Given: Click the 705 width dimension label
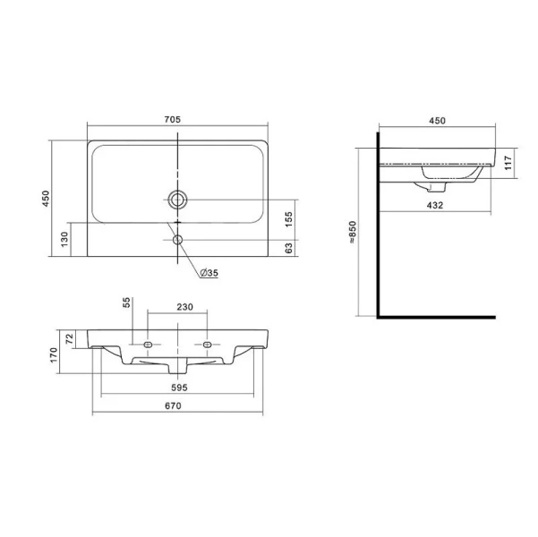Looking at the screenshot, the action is (x=172, y=119).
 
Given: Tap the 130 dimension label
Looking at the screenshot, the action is (x=64, y=239).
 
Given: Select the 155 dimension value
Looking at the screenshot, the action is (x=288, y=219).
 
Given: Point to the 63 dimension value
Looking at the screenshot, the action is (x=289, y=248).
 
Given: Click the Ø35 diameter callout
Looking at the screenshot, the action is (x=209, y=273).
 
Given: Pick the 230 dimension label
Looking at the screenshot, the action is (x=185, y=307).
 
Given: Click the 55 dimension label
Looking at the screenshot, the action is (x=126, y=303).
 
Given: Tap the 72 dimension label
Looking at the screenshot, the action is (x=70, y=339).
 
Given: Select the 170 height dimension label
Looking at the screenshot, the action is (x=54, y=355).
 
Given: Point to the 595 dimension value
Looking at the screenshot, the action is (x=179, y=388).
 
